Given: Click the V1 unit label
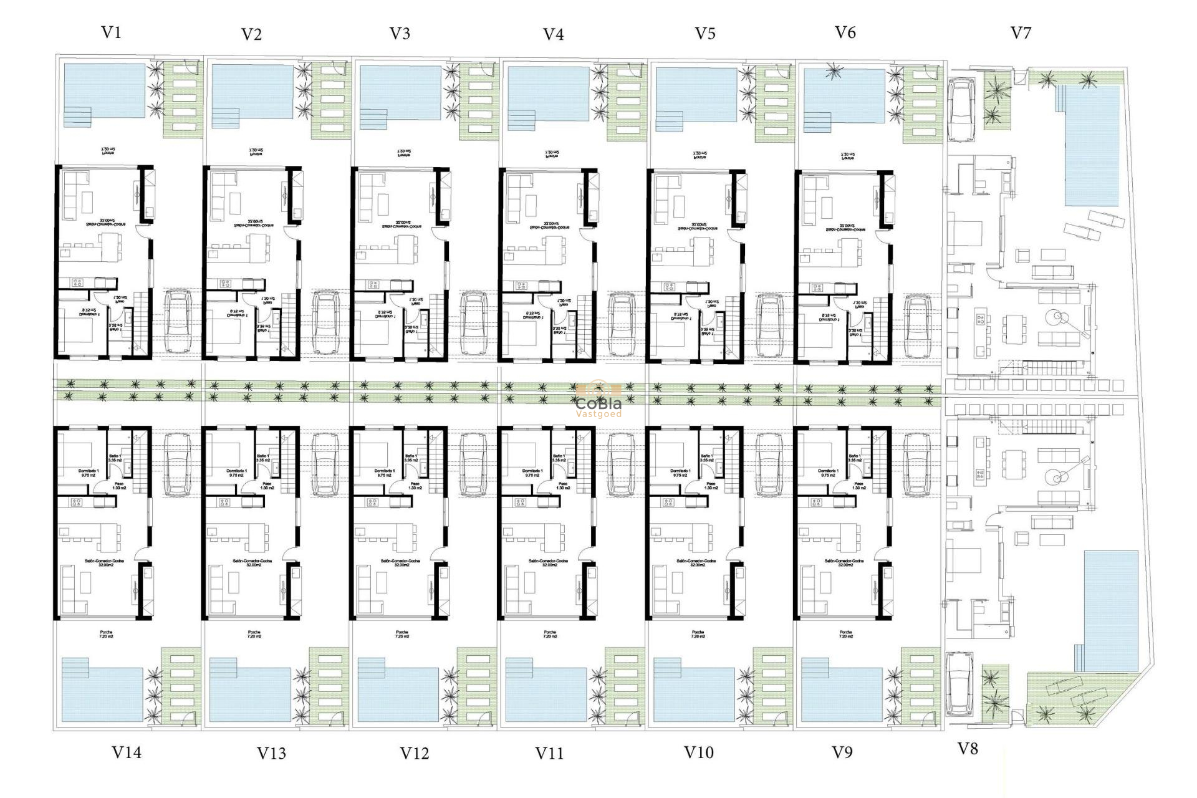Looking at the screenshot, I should coord(111,32).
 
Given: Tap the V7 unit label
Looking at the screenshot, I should coord(1021,33).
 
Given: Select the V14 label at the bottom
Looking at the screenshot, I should coord(127,752).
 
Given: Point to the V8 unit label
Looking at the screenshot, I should coord(968,749).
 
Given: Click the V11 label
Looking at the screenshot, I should coord(549,753).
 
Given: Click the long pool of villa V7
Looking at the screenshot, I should coord(1092,146).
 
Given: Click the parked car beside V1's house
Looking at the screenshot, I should coord(177,323).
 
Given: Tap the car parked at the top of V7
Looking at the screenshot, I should coord(961,110).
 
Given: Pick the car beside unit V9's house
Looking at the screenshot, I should coord(916,464).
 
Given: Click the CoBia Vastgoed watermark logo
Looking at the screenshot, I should coord(598,402).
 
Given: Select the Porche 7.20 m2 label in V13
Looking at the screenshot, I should coord(254,634).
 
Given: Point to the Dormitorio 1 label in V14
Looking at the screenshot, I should coord(88,473).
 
